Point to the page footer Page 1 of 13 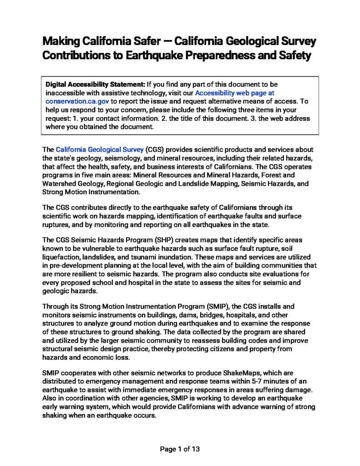180,449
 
